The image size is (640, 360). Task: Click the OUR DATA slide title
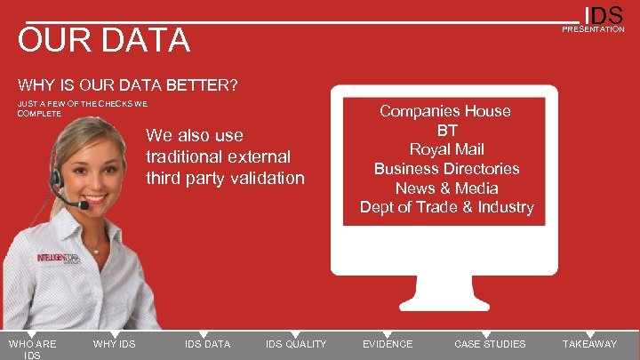(104, 40)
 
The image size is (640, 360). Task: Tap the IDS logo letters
(604, 15)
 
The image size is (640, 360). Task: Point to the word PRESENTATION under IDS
(593, 29)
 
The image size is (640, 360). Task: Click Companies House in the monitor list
(445, 111)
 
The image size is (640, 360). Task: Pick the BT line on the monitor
(446, 130)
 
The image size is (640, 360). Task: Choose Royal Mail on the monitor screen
(446, 149)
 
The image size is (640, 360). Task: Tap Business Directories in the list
(446, 169)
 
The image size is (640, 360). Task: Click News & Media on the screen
(446, 188)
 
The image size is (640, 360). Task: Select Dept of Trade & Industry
(446, 208)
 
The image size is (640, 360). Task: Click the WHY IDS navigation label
(114, 344)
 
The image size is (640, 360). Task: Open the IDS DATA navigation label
(207, 344)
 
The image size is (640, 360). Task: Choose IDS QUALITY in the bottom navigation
(296, 344)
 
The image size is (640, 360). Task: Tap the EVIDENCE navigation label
(388, 344)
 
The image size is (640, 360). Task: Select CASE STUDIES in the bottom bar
(490, 344)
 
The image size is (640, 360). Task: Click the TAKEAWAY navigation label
(589, 344)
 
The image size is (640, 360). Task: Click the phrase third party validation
(225, 178)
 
